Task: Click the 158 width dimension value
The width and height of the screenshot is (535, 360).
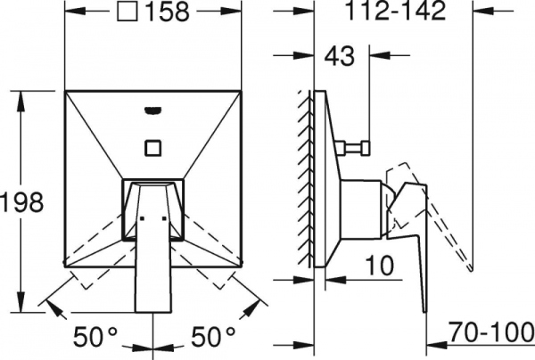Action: tap(167, 12)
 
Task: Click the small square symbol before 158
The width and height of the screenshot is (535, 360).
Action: tap(128, 11)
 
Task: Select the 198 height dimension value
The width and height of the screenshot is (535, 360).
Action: tap(21, 201)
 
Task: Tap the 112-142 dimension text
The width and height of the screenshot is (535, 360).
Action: tap(395, 10)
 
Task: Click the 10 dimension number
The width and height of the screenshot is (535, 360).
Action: tap(380, 266)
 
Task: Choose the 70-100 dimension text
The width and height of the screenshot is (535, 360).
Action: tap(490, 331)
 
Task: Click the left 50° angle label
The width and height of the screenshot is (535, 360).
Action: tap(95, 336)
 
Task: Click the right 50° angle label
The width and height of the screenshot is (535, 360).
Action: tap(213, 336)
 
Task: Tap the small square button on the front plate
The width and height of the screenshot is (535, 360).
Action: tap(153, 148)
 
